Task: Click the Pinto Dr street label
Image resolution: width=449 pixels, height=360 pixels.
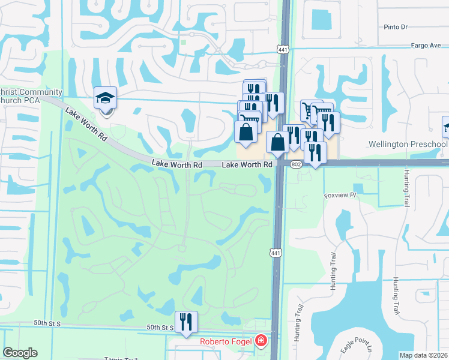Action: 396,27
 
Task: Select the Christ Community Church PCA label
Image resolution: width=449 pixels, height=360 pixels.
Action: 30,95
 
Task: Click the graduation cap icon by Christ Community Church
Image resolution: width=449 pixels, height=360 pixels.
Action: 106,98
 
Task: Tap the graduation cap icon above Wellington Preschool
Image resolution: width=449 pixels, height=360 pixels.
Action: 446,127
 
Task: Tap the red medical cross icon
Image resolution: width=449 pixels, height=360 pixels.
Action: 261,342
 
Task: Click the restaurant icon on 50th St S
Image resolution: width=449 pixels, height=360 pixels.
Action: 186,322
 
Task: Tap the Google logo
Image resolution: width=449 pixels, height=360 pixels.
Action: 20,353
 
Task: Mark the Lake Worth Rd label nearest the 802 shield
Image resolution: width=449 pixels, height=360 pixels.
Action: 247,164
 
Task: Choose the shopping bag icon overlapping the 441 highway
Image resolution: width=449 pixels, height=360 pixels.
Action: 277,143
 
